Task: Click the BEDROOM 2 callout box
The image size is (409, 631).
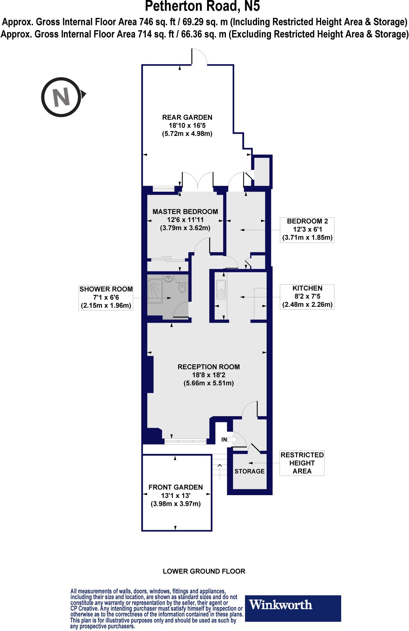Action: tap(307, 230)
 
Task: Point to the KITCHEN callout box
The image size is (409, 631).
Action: tap(307, 297)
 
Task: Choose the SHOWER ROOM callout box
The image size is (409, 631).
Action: tap(106, 297)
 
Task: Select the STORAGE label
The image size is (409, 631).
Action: tap(249, 471)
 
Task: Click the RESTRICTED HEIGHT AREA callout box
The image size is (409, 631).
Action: tap(302, 463)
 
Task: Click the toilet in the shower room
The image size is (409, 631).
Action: tap(182, 288)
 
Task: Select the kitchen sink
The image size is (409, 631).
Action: tap(221, 290)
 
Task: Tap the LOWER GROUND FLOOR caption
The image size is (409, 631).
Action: tap(204, 571)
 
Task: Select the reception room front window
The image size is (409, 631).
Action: tap(185, 442)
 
